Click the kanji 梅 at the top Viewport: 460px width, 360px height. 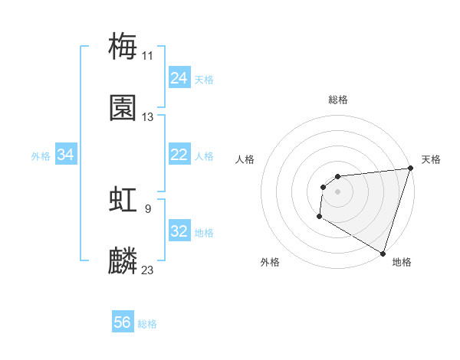[x=123, y=46]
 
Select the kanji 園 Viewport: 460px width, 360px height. [x=123, y=108]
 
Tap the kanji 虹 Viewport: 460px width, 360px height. [x=123, y=200]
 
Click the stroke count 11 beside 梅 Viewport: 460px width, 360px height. [x=148, y=55]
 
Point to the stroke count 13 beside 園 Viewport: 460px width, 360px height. [x=148, y=117]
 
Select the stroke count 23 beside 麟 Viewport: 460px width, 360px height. [x=148, y=270]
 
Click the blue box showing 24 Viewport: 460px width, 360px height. [x=179, y=78]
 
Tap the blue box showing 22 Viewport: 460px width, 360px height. [x=179, y=155]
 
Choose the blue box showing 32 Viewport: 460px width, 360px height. [x=179, y=231]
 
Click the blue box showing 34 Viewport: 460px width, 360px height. [x=66, y=155]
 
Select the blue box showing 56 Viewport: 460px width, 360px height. [x=123, y=322]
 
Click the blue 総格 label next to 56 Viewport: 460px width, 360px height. [x=147, y=324]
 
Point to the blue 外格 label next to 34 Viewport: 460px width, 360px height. [x=41, y=156]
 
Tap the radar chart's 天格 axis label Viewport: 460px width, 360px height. [x=431, y=159]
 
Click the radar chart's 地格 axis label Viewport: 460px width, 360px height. [x=402, y=262]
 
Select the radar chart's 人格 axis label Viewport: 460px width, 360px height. [x=245, y=159]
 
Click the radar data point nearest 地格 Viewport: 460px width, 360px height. [x=383, y=253]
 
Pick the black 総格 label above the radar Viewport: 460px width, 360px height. [x=338, y=100]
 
